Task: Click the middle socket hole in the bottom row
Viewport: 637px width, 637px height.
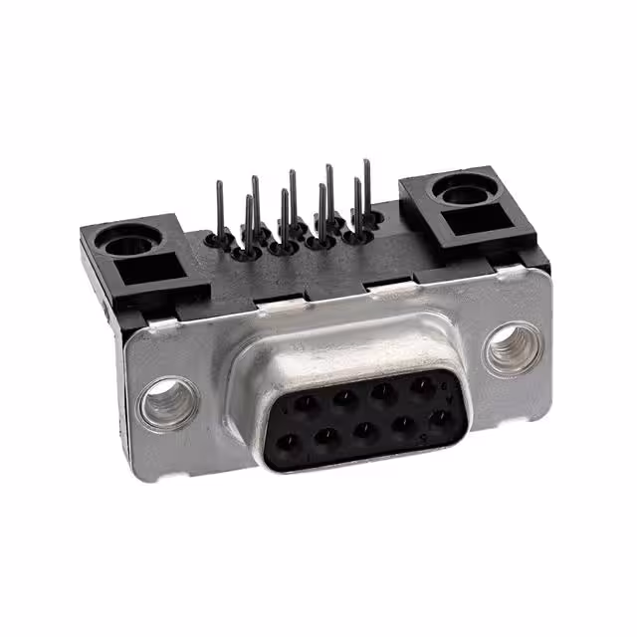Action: (x=365, y=430)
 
